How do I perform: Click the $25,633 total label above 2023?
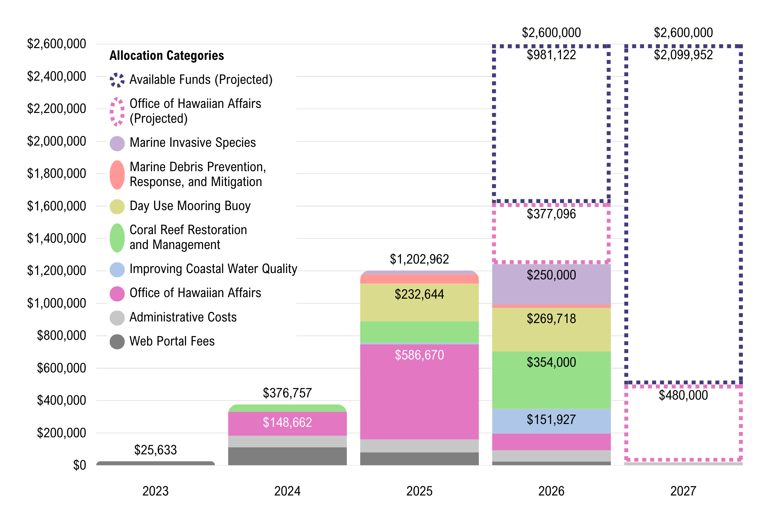tap(155, 450)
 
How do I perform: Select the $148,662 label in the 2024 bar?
tap(287, 422)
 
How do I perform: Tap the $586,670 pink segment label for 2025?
tap(419, 355)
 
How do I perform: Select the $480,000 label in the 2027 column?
tap(683, 395)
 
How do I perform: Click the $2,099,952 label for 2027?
tap(683, 55)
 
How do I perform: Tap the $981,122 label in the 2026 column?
tap(551, 55)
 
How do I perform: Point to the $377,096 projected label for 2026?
tap(551, 214)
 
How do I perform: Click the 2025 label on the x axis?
tap(419, 491)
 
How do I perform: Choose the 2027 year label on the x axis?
tap(683, 491)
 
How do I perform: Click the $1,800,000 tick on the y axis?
tap(56, 174)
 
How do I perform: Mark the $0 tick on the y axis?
tap(79, 465)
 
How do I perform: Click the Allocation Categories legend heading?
tap(166, 55)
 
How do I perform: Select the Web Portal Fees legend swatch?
tap(117, 342)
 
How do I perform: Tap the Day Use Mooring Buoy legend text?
tap(190, 206)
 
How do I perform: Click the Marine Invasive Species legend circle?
tap(117, 143)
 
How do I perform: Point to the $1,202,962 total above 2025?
tap(419, 259)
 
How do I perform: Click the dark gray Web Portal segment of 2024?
tap(287, 456)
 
